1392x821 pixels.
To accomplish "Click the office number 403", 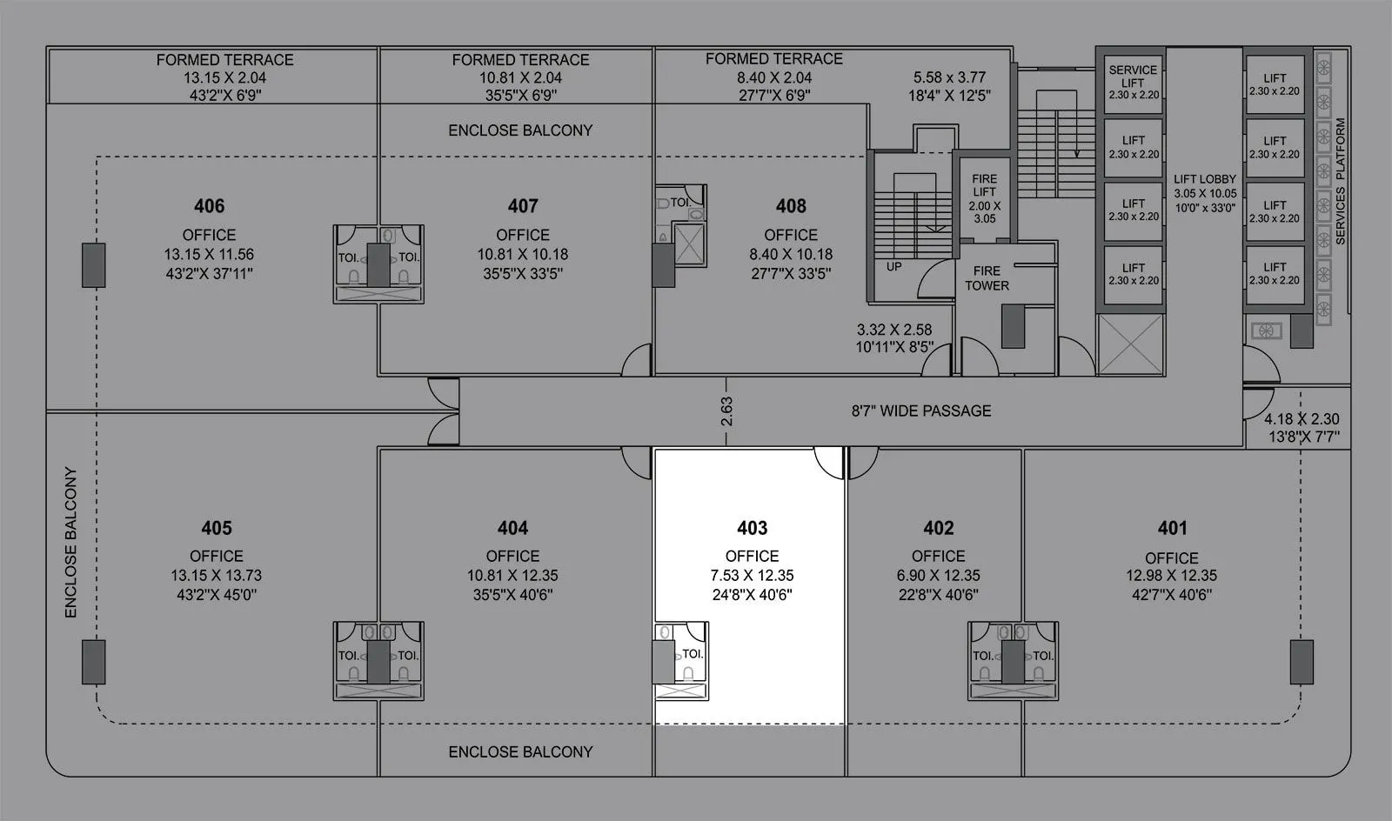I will click(752, 528).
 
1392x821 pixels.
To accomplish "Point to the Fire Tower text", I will click(987, 278).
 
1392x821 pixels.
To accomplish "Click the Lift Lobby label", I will click(1204, 179).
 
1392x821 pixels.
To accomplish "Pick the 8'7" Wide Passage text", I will click(920, 411).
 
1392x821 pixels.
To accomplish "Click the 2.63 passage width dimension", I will click(727, 410).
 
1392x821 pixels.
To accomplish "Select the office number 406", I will click(209, 206).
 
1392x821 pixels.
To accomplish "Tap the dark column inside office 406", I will click(93, 265).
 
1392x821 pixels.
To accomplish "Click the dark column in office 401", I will click(1302, 662).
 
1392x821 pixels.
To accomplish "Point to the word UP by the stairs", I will click(893, 267).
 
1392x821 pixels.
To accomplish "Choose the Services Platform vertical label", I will click(1340, 181).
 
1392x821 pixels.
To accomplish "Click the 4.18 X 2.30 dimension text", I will click(1302, 419).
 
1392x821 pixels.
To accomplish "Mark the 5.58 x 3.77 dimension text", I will click(949, 77).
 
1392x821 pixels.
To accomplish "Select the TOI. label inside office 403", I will click(693, 654).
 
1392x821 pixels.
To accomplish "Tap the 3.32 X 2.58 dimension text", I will click(893, 330).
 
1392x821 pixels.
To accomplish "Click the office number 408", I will click(791, 206).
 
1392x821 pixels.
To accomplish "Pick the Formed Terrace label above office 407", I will click(520, 59).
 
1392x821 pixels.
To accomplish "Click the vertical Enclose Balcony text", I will click(71, 543).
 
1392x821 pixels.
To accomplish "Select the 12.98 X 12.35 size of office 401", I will click(1171, 576).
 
